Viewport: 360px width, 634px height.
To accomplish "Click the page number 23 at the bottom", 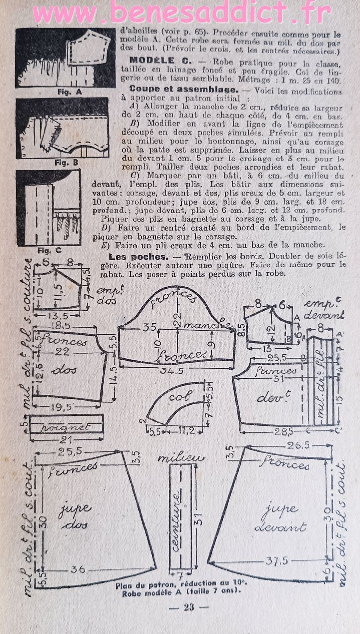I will pyautogui.click(x=189, y=607).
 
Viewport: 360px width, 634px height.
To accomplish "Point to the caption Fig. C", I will pyautogui.click(x=52, y=250).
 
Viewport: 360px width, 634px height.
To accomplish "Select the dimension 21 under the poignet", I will pyautogui.click(x=65, y=439).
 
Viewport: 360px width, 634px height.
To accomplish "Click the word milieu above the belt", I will pyautogui.click(x=181, y=458).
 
